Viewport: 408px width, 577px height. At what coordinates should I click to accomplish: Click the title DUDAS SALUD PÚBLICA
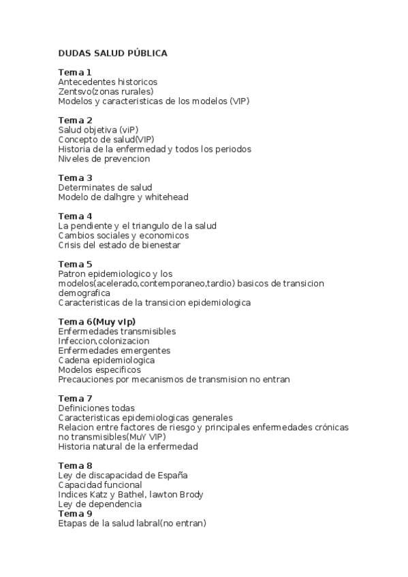(x=112, y=53)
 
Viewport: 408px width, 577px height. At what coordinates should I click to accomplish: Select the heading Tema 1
(x=75, y=72)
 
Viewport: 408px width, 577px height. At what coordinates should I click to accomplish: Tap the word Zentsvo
(x=74, y=91)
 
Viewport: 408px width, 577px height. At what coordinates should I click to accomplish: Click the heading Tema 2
(x=75, y=120)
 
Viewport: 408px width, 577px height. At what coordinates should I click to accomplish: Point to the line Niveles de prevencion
(x=104, y=159)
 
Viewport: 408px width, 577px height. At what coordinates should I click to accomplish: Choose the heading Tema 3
(x=75, y=178)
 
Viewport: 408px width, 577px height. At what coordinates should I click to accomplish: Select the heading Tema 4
(x=75, y=216)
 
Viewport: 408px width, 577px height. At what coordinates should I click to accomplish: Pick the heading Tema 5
(x=75, y=264)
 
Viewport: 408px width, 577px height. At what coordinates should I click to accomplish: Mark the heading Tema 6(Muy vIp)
(x=97, y=321)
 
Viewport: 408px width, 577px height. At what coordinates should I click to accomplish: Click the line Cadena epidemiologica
(x=106, y=360)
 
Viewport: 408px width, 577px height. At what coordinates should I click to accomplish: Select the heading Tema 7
(x=75, y=398)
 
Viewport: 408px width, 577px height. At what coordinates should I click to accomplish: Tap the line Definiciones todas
(x=96, y=408)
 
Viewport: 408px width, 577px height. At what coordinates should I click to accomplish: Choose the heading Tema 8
(x=75, y=465)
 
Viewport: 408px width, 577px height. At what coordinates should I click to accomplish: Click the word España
(x=172, y=475)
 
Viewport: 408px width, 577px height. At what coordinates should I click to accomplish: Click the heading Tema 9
(x=75, y=514)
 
